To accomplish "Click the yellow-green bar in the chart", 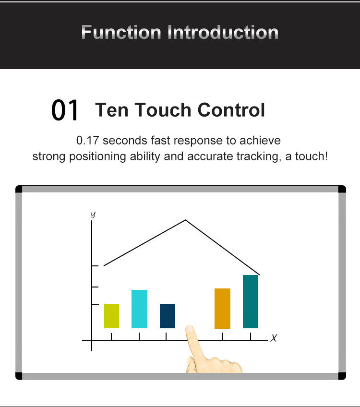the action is pyautogui.click(x=112, y=316).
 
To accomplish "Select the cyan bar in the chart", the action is pyautogui.click(x=139, y=309).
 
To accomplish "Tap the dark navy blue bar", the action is pyautogui.click(x=168, y=316).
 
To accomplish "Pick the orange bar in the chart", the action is pyautogui.click(x=222, y=308).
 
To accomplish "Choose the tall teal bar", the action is pyautogui.click(x=251, y=301).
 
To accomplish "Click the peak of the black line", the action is pyautogui.click(x=185, y=220).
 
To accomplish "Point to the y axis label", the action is pyautogui.click(x=93, y=215).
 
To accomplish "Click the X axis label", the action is pyautogui.click(x=274, y=338).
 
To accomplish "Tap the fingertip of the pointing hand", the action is pyautogui.click(x=190, y=328).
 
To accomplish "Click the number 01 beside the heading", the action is pyautogui.click(x=65, y=110).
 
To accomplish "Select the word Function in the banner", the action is pyautogui.click(x=121, y=33).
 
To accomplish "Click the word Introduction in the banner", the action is pyautogui.click(x=223, y=33).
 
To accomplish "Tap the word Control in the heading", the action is pyautogui.click(x=231, y=110).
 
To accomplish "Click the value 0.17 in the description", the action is pyautogui.click(x=88, y=141).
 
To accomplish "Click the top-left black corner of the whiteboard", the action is pyautogui.click(x=19, y=189).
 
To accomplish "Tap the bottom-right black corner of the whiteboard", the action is pyautogui.click(x=342, y=376).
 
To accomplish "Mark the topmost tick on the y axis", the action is pyautogui.click(x=95, y=266).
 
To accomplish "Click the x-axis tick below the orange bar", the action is pyautogui.click(x=223, y=336).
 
